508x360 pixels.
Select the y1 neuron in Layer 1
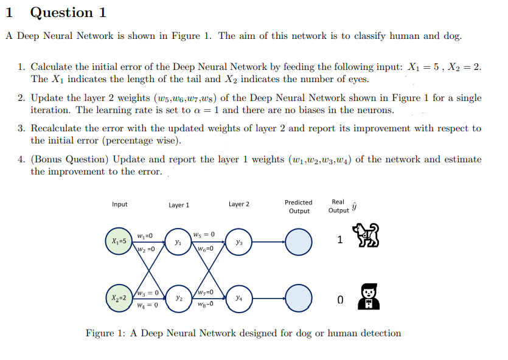coord(178,241)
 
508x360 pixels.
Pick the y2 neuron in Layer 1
coord(178,299)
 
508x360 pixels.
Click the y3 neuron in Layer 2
coord(238,241)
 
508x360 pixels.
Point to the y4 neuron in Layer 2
coord(238,299)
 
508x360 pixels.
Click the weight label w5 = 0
coord(203,234)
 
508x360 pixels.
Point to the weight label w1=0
coord(145,235)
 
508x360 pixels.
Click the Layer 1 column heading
coord(179,205)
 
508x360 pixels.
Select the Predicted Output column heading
coord(298,207)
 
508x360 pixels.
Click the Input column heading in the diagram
coord(120,204)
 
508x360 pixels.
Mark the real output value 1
coord(339,240)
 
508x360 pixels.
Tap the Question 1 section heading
coord(68,12)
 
